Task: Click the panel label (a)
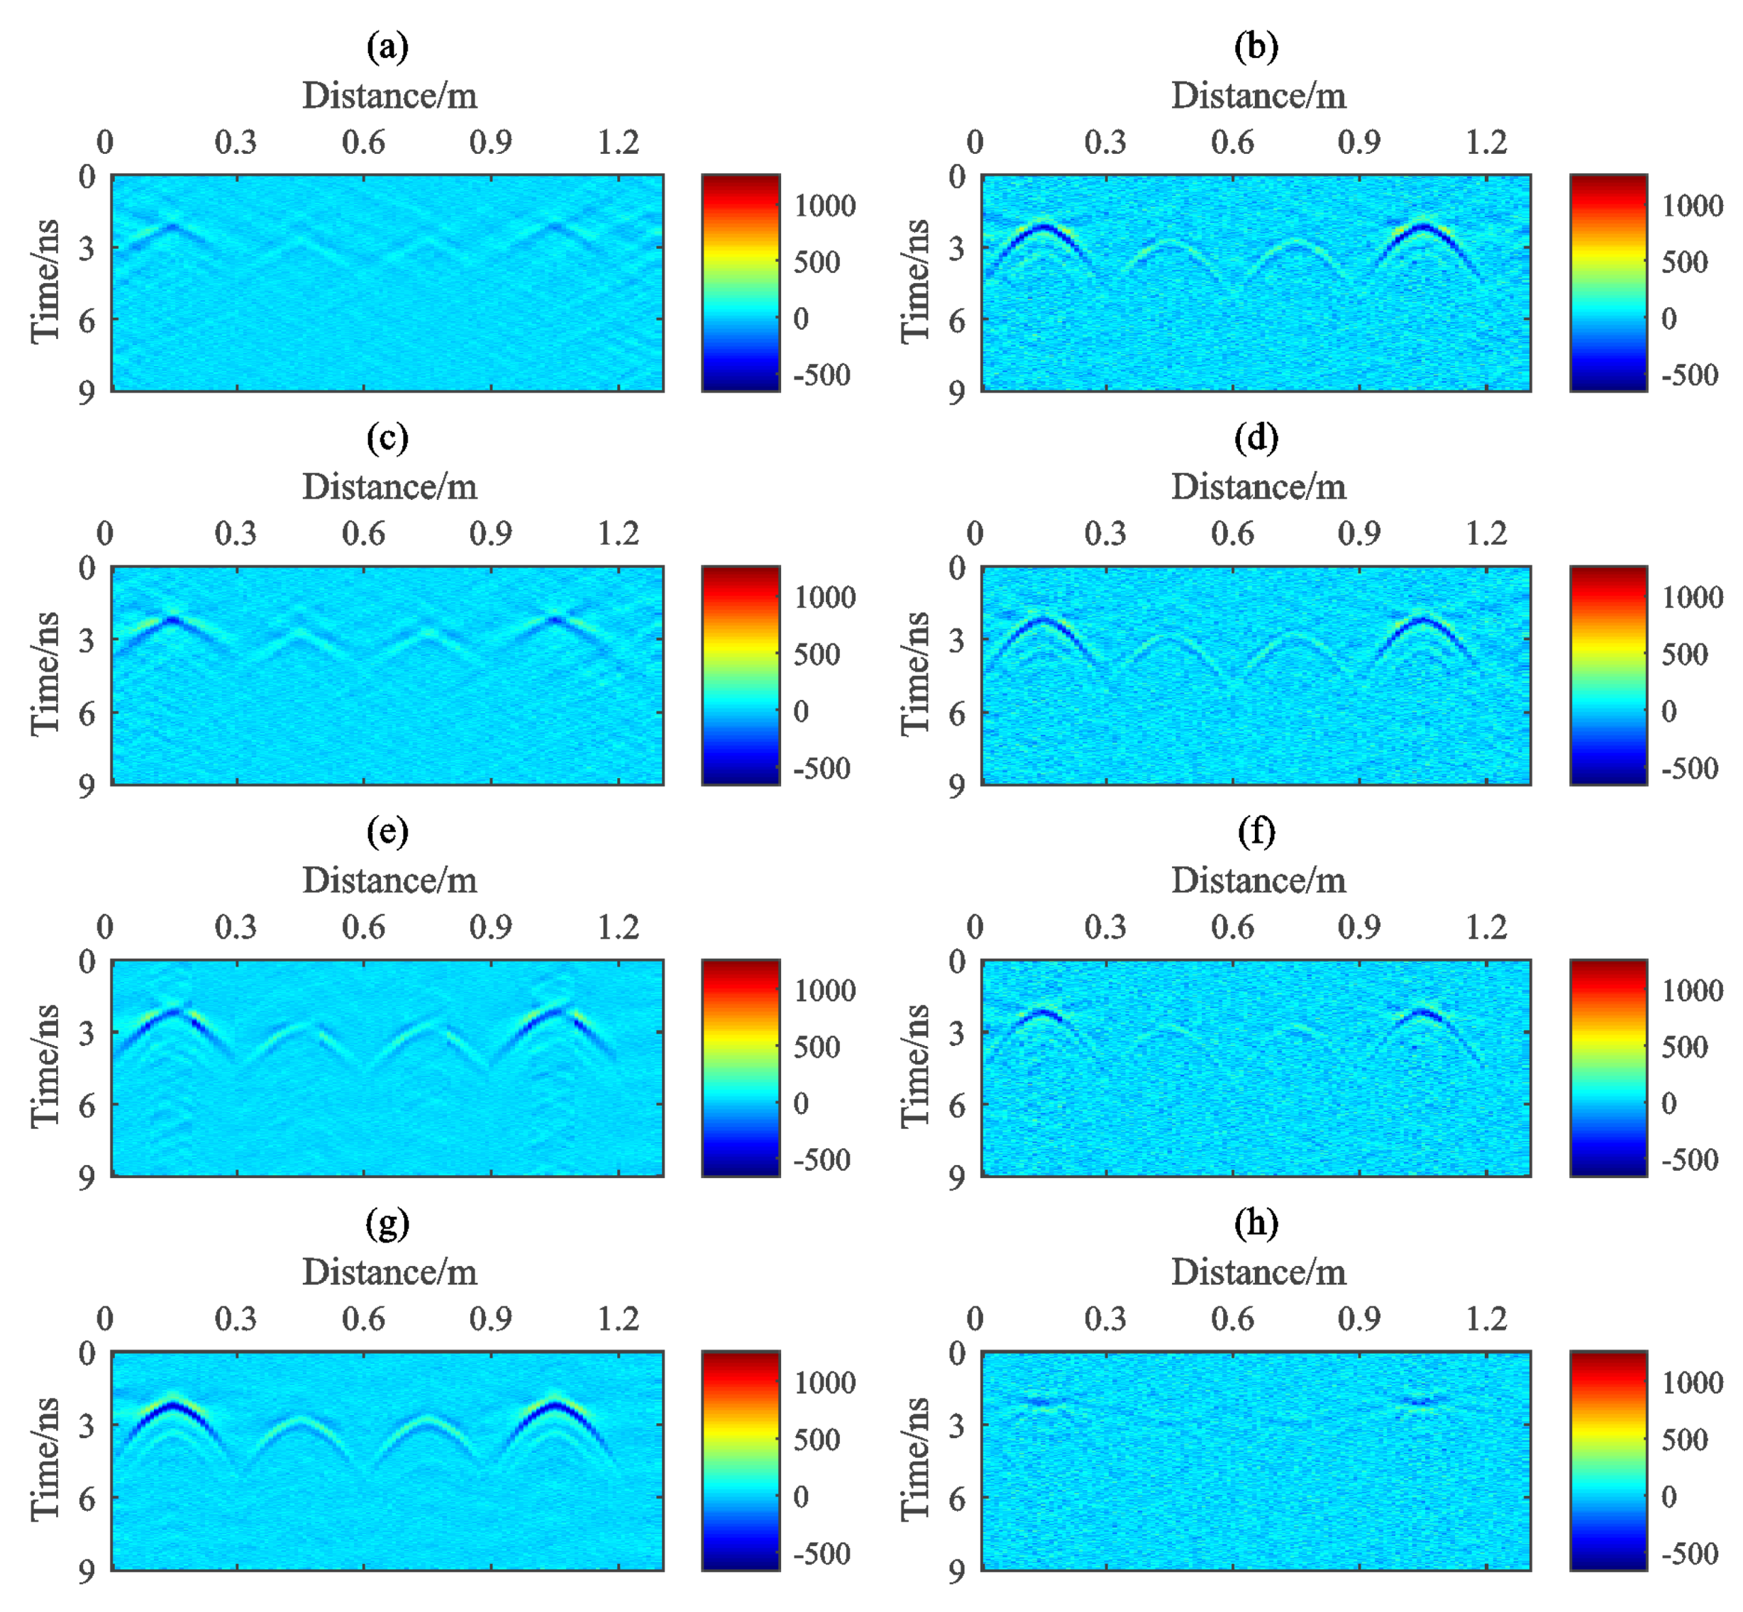point(387,46)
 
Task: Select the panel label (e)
point(387,831)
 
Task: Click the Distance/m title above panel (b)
point(1257,95)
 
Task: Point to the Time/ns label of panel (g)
point(45,1459)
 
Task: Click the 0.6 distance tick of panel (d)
point(1232,534)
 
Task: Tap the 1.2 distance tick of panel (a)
point(618,142)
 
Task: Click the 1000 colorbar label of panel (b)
point(1691,206)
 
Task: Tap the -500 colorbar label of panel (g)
point(821,1554)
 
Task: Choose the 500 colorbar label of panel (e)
point(816,1047)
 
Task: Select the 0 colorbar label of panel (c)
point(800,711)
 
